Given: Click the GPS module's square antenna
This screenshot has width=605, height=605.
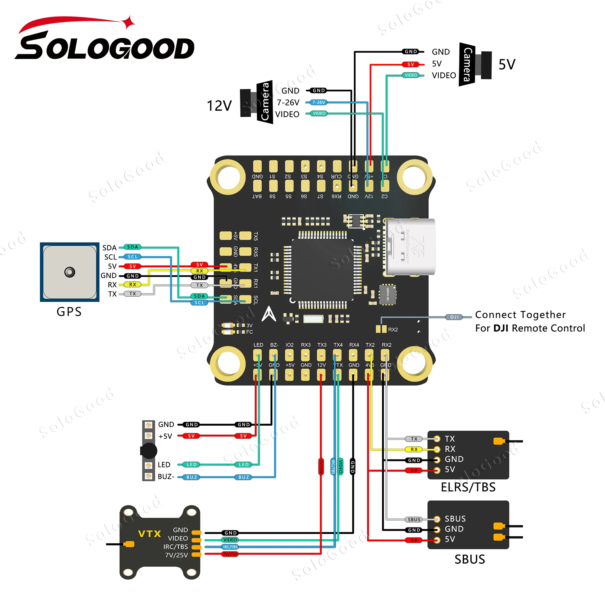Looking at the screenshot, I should pyautogui.click(x=70, y=272).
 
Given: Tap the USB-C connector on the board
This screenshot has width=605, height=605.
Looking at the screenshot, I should pyautogui.click(x=410, y=247).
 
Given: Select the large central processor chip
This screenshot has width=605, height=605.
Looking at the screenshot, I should pyautogui.click(x=322, y=270).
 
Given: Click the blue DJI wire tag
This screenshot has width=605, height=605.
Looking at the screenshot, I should pyautogui.click(x=454, y=317).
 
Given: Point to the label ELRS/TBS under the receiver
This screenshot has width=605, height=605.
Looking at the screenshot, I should pyautogui.click(x=468, y=487).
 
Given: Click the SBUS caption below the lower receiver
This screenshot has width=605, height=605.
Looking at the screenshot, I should pyautogui.click(x=470, y=560).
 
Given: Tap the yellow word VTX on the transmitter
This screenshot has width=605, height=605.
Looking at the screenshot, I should pyautogui.click(x=149, y=534).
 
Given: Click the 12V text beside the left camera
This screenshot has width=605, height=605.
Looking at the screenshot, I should pyautogui.click(x=219, y=106).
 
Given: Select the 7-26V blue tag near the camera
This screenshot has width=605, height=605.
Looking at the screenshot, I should pyautogui.click(x=319, y=103).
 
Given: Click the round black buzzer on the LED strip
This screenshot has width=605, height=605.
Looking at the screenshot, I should pyautogui.click(x=149, y=451).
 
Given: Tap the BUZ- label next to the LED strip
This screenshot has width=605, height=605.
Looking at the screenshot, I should pyautogui.click(x=166, y=477).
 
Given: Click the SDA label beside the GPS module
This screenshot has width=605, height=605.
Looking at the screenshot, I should pyautogui.click(x=109, y=248).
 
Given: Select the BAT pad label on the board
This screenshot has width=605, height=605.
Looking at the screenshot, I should pyautogui.click(x=257, y=196).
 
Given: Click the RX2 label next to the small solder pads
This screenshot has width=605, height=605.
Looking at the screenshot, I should pyautogui.click(x=393, y=329).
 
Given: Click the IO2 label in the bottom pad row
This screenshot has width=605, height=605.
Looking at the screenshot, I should pyautogui.click(x=289, y=345).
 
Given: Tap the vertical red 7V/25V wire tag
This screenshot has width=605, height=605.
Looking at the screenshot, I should pyautogui.click(x=321, y=466).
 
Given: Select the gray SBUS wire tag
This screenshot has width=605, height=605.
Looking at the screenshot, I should pyautogui.click(x=414, y=519).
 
